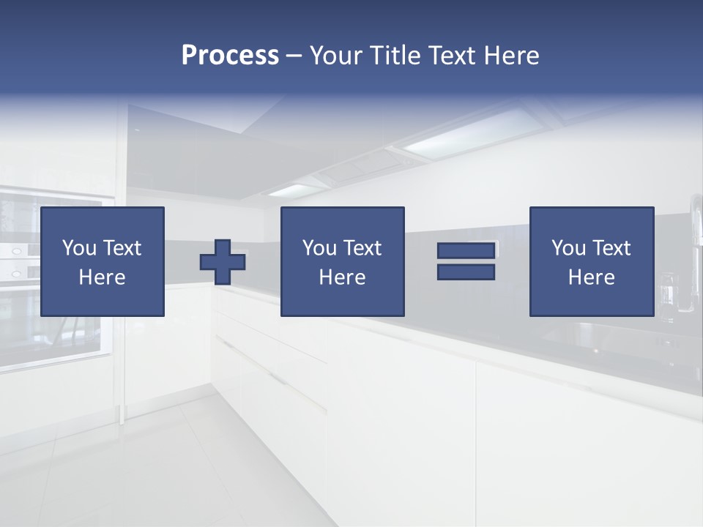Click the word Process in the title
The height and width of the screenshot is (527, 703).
click(230, 56)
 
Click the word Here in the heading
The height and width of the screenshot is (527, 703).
click(512, 56)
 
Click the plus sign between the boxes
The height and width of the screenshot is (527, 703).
click(223, 261)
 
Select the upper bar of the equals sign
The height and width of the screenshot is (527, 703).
click(466, 250)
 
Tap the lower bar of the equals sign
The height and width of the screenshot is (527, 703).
click(466, 272)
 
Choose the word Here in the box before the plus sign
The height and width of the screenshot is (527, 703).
click(102, 277)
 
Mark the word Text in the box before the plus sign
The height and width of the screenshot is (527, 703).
click(121, 248)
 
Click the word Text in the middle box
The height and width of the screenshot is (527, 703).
click(362, 248)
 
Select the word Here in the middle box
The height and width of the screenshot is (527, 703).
click(342, 277)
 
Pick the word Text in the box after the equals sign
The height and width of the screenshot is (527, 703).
click(611, 248)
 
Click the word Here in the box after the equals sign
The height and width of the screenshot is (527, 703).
click(591, 277)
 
